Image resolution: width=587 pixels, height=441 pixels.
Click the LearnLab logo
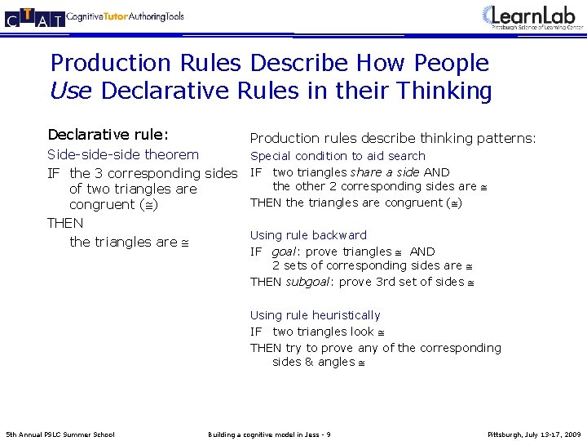(534, 17)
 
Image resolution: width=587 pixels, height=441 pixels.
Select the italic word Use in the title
(69, 91)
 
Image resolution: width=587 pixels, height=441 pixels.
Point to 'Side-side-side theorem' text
(123, 154)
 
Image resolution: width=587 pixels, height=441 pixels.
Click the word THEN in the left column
(65, 223)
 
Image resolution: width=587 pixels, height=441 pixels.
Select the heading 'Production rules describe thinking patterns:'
(393, 139)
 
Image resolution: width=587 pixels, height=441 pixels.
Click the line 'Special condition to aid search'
(338, 156)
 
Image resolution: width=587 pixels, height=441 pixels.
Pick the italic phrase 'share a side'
(385, 172)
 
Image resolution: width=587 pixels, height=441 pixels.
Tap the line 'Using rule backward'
(308, 235)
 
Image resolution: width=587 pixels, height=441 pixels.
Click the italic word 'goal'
(284, 252)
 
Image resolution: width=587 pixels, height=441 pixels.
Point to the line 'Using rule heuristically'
(315, 315)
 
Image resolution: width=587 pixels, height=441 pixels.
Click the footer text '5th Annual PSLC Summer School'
(60, 434)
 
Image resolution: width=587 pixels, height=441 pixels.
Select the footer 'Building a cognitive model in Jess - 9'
(269, 434)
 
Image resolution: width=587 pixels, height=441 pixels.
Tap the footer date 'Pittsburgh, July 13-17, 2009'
(534, 434)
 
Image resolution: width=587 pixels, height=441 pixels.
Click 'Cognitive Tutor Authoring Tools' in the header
(126, 17)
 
